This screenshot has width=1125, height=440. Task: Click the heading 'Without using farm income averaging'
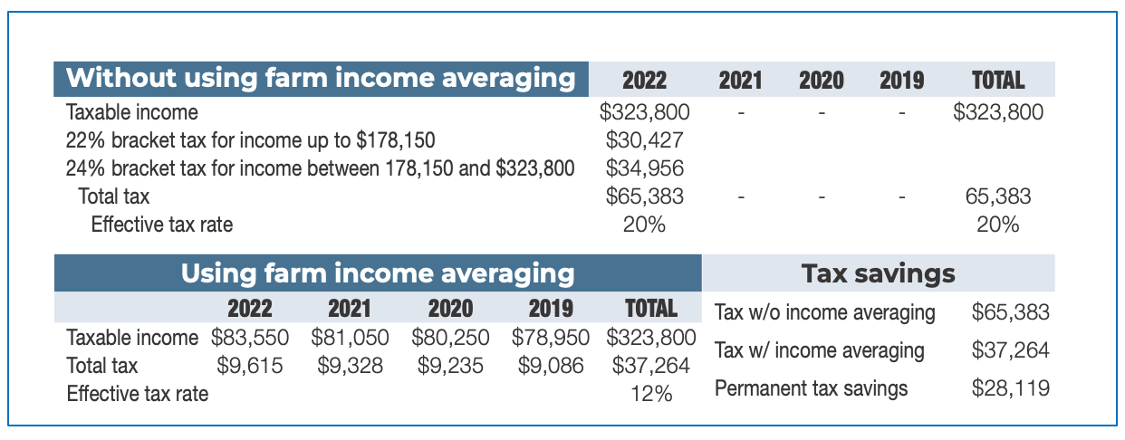321,78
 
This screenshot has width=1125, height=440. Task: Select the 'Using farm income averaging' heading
378,273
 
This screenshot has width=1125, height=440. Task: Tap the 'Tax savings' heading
878,273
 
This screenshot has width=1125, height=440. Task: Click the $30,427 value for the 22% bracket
644,140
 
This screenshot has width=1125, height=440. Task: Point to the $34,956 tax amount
644,167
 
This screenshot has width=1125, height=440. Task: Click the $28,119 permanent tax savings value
1010,388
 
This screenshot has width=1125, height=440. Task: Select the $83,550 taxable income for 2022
250,338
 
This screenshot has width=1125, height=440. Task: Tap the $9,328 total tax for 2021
350,366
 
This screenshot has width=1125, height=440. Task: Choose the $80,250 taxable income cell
450,338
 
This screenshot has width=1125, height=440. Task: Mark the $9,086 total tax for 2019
551,366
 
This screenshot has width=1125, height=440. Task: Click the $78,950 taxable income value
551,338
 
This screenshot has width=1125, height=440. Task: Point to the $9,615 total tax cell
250,366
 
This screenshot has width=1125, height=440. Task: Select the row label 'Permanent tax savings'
811,388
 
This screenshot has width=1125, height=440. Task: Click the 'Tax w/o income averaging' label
824,313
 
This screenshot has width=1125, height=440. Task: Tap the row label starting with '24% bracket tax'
320,167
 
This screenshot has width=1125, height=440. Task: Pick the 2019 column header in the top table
901,81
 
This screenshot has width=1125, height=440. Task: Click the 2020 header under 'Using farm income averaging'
450,308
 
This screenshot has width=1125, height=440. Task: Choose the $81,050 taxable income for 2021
350,338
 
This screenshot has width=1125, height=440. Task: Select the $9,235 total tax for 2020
450,366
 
